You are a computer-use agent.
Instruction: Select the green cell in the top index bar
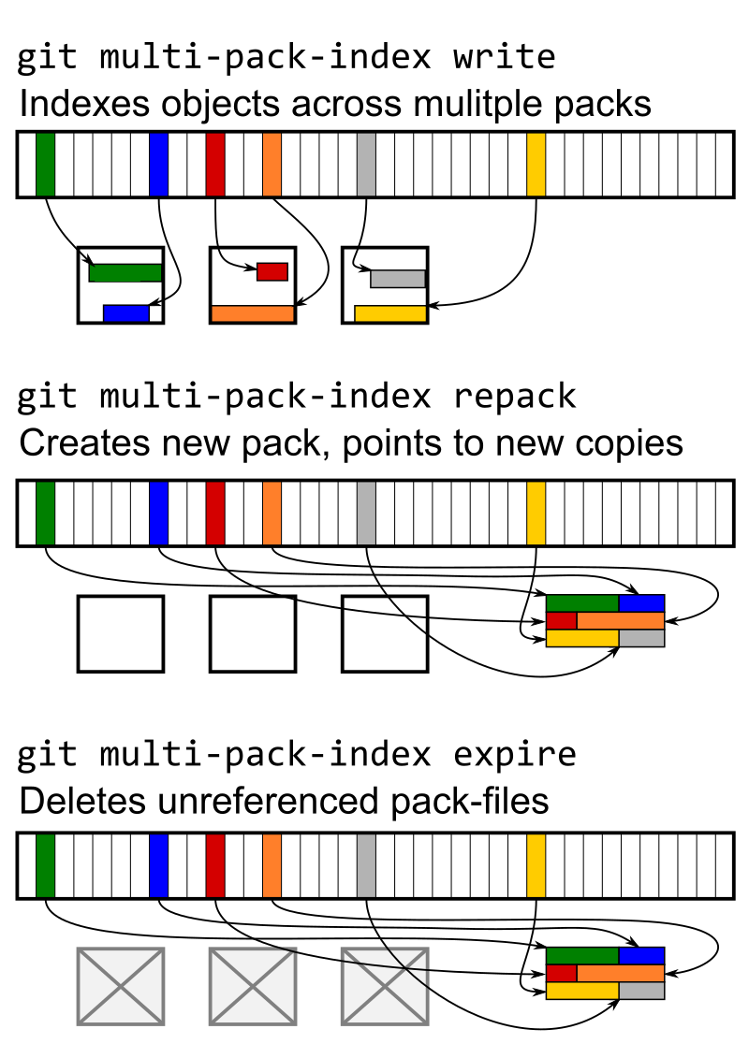point(45,165)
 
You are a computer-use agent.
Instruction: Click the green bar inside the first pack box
point(125,272)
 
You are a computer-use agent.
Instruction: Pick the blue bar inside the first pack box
point(125,313)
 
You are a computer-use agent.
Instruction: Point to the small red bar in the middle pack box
point(272,271)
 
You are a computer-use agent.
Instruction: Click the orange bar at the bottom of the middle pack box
point(253,314)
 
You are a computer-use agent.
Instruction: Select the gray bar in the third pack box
point(398,278)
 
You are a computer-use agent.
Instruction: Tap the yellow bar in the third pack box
point(390,313)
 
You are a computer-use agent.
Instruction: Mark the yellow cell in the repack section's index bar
point(536,513)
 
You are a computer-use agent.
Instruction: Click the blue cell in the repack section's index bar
point(158,513)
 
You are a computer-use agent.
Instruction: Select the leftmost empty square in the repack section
point(121,633)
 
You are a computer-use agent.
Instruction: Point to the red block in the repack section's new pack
point(561,620)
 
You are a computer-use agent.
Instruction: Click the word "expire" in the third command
point(514,753)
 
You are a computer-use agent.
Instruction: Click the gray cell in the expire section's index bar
point(366,865)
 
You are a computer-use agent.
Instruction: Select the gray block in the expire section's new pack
point(641,990)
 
